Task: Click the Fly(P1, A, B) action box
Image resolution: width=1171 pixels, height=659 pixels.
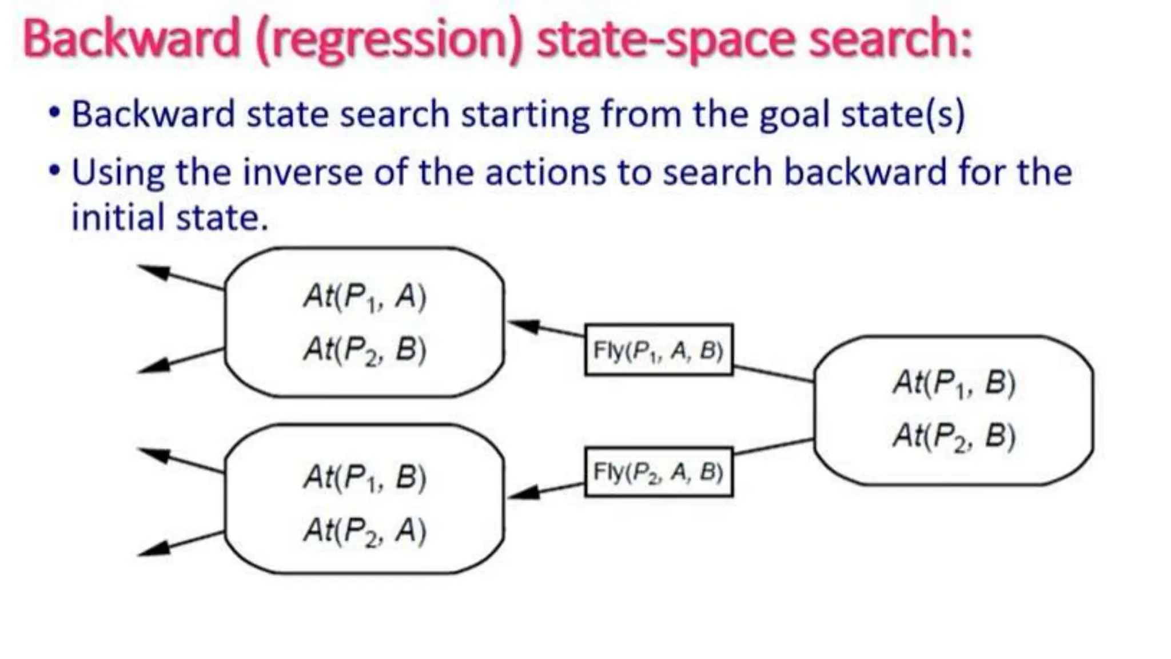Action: [658, 350]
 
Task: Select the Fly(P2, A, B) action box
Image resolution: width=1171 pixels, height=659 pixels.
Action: [658, 472]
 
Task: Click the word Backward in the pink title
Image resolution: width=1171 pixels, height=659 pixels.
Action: [132, 39]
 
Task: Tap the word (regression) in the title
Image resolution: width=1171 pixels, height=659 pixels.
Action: [389, 40]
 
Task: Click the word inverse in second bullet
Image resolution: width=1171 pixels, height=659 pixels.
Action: [302, 172]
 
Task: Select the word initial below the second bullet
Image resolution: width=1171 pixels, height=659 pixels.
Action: [118, 217]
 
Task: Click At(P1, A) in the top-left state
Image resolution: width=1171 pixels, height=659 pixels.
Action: [365, 297]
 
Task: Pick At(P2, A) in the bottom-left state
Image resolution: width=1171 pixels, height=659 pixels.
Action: [365, 530]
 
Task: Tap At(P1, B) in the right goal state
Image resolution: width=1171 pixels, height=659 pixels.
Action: [954, 383]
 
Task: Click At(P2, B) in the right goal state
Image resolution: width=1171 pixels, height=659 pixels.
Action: [954, 436]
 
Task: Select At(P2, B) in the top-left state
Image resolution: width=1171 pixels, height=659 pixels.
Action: [365, 350]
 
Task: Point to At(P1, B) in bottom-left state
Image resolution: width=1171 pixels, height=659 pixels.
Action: [365, 478]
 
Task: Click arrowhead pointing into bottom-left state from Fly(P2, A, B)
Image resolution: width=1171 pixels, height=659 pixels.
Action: [522, 493]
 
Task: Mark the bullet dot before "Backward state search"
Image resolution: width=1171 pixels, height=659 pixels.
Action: [54, 112]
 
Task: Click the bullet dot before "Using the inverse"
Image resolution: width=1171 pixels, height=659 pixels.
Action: [54, 170]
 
